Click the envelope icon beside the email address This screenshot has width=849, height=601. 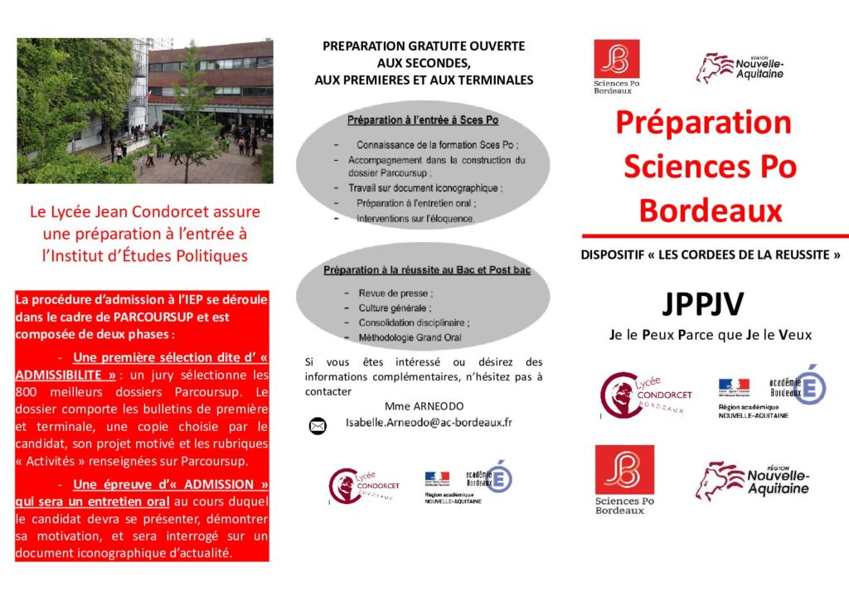tap(317, 426)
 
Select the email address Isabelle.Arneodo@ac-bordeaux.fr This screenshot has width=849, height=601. tap(429, 422)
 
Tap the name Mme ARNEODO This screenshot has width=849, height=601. tap(424, 405)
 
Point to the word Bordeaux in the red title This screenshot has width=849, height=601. tap(710, 211)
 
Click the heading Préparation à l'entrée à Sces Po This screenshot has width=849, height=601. tap(423, 120)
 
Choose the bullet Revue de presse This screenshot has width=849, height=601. tap(395, 293)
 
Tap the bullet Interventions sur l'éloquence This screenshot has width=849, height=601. tap(415, 219)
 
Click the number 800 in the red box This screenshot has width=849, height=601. tap(29, 391)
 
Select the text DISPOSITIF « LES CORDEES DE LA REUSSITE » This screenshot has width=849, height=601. tap(711, 255)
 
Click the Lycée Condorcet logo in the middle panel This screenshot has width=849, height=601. tap(363, 485)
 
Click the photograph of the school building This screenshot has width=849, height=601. tap(145, 110)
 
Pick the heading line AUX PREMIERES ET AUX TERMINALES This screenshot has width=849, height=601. tap(424, 80)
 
